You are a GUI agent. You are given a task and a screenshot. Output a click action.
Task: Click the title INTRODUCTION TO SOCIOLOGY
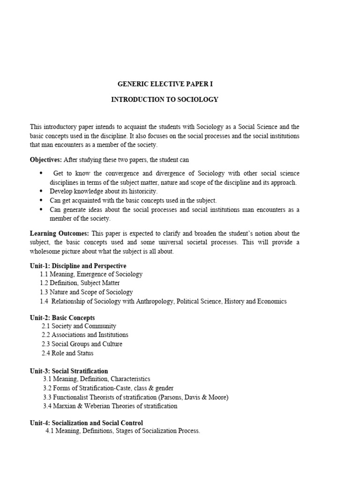click(x=165, y=100)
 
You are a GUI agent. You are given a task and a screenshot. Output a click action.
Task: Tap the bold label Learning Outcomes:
click(x=60, y=233)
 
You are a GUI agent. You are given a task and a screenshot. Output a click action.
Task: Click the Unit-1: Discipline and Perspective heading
click(x=78, y=266)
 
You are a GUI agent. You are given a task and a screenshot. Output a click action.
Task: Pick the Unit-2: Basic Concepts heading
click(x=62, y=317)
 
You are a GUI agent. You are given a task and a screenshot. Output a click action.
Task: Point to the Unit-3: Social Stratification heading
click(x=69, y=371)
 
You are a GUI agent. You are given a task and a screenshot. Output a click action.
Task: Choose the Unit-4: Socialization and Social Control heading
click(x=86, y=423)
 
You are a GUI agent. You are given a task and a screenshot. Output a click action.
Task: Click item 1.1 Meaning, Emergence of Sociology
click(x=91, y=274)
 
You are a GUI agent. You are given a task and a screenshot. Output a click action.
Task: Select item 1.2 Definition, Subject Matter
click(x=80, y=283)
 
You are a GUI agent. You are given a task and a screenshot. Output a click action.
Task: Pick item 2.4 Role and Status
click(x=67, y=353)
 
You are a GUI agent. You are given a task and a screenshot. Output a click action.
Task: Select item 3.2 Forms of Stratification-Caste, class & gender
click(x=108, y=389)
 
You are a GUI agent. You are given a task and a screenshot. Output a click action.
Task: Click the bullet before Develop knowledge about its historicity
click(x=41, y=191)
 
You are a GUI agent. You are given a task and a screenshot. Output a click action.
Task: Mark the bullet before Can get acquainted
click(x=41, y=200)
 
